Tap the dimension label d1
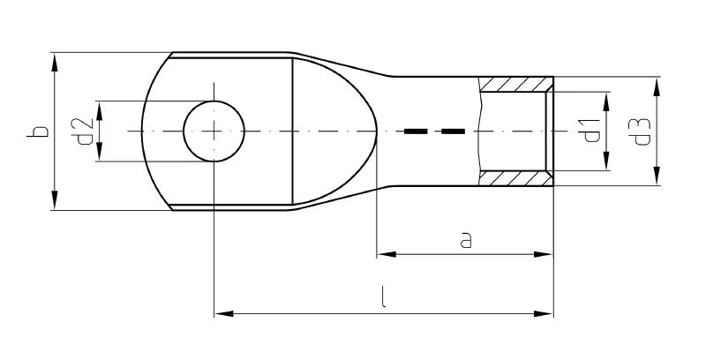point(592,131)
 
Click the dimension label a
point(465,240)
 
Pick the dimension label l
point(383,298)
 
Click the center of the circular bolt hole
point(214,131)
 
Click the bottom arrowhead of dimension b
point(55,204)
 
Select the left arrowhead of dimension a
point(385,255)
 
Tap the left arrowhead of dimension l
point(222,312)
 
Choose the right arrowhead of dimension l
point(546,312)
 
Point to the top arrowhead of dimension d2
point(100,108)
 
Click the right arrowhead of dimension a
point(546,255)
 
